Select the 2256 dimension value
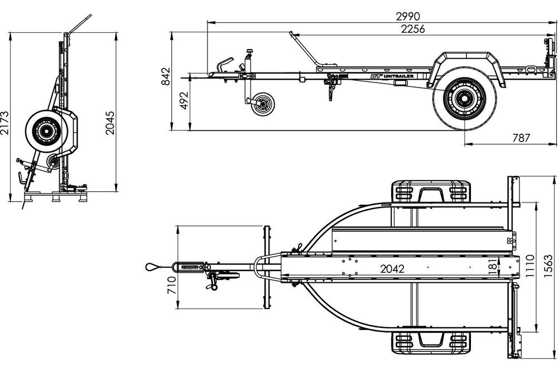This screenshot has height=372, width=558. [413, 30]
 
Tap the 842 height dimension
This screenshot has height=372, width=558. [165, 76]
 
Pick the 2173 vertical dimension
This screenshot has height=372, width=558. [5, 123]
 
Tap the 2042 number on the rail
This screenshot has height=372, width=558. [392, 268]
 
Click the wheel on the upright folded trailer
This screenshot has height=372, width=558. [44, 131]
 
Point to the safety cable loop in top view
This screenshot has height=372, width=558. [151, 267]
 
